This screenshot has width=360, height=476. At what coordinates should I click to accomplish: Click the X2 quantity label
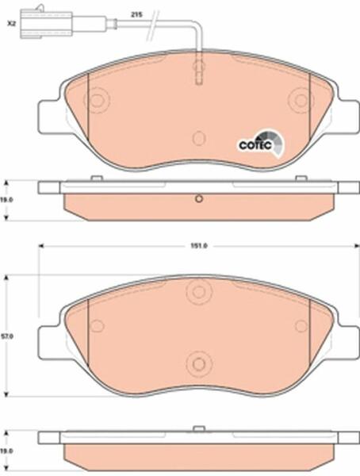point(11,23)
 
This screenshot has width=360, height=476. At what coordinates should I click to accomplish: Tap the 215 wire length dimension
point(136,14)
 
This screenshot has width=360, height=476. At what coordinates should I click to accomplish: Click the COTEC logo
point(261,144)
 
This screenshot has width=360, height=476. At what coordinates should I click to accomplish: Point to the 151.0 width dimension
point(199,246)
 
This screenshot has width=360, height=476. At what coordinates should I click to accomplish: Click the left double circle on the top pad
point(96,100)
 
